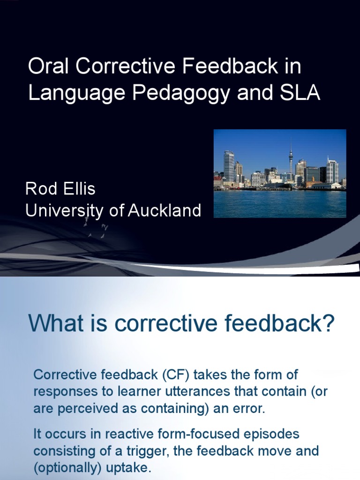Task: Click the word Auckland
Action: click(165, 210)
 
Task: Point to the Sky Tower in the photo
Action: click(291, 159)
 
